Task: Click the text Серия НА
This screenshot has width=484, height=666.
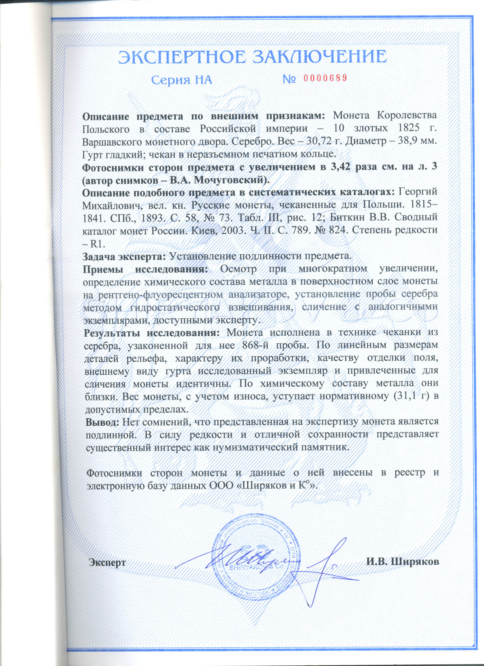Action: point(182,80)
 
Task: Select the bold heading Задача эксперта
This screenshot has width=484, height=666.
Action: point(124,256)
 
